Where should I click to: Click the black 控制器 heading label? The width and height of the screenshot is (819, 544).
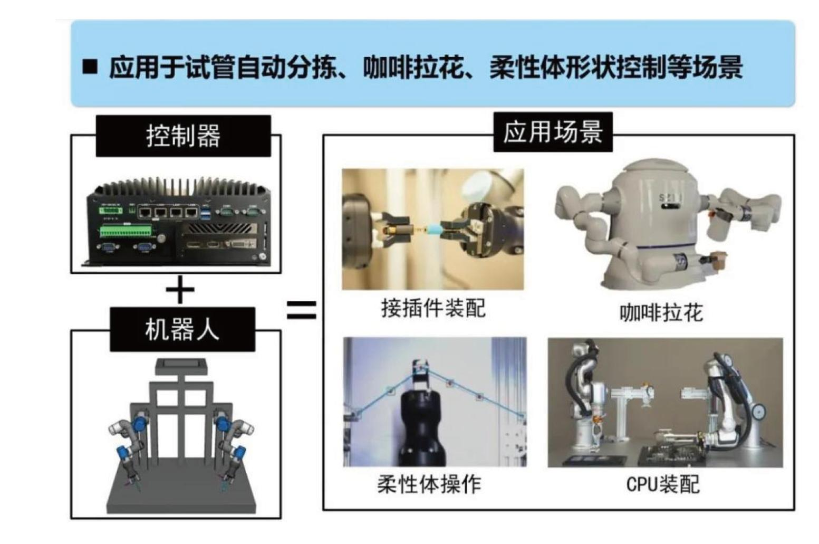point(183,136)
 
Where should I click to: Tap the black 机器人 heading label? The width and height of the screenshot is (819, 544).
point(182,330)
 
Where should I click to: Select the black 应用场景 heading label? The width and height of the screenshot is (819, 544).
point(553,132)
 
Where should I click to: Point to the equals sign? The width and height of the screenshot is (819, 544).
point(301,310)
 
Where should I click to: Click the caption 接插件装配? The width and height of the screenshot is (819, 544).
point(433,308)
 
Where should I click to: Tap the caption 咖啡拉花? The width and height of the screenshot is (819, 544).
point(661,312)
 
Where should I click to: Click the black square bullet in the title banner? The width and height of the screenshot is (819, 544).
point(90,67)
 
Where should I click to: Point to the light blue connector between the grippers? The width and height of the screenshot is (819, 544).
point(432,229)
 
